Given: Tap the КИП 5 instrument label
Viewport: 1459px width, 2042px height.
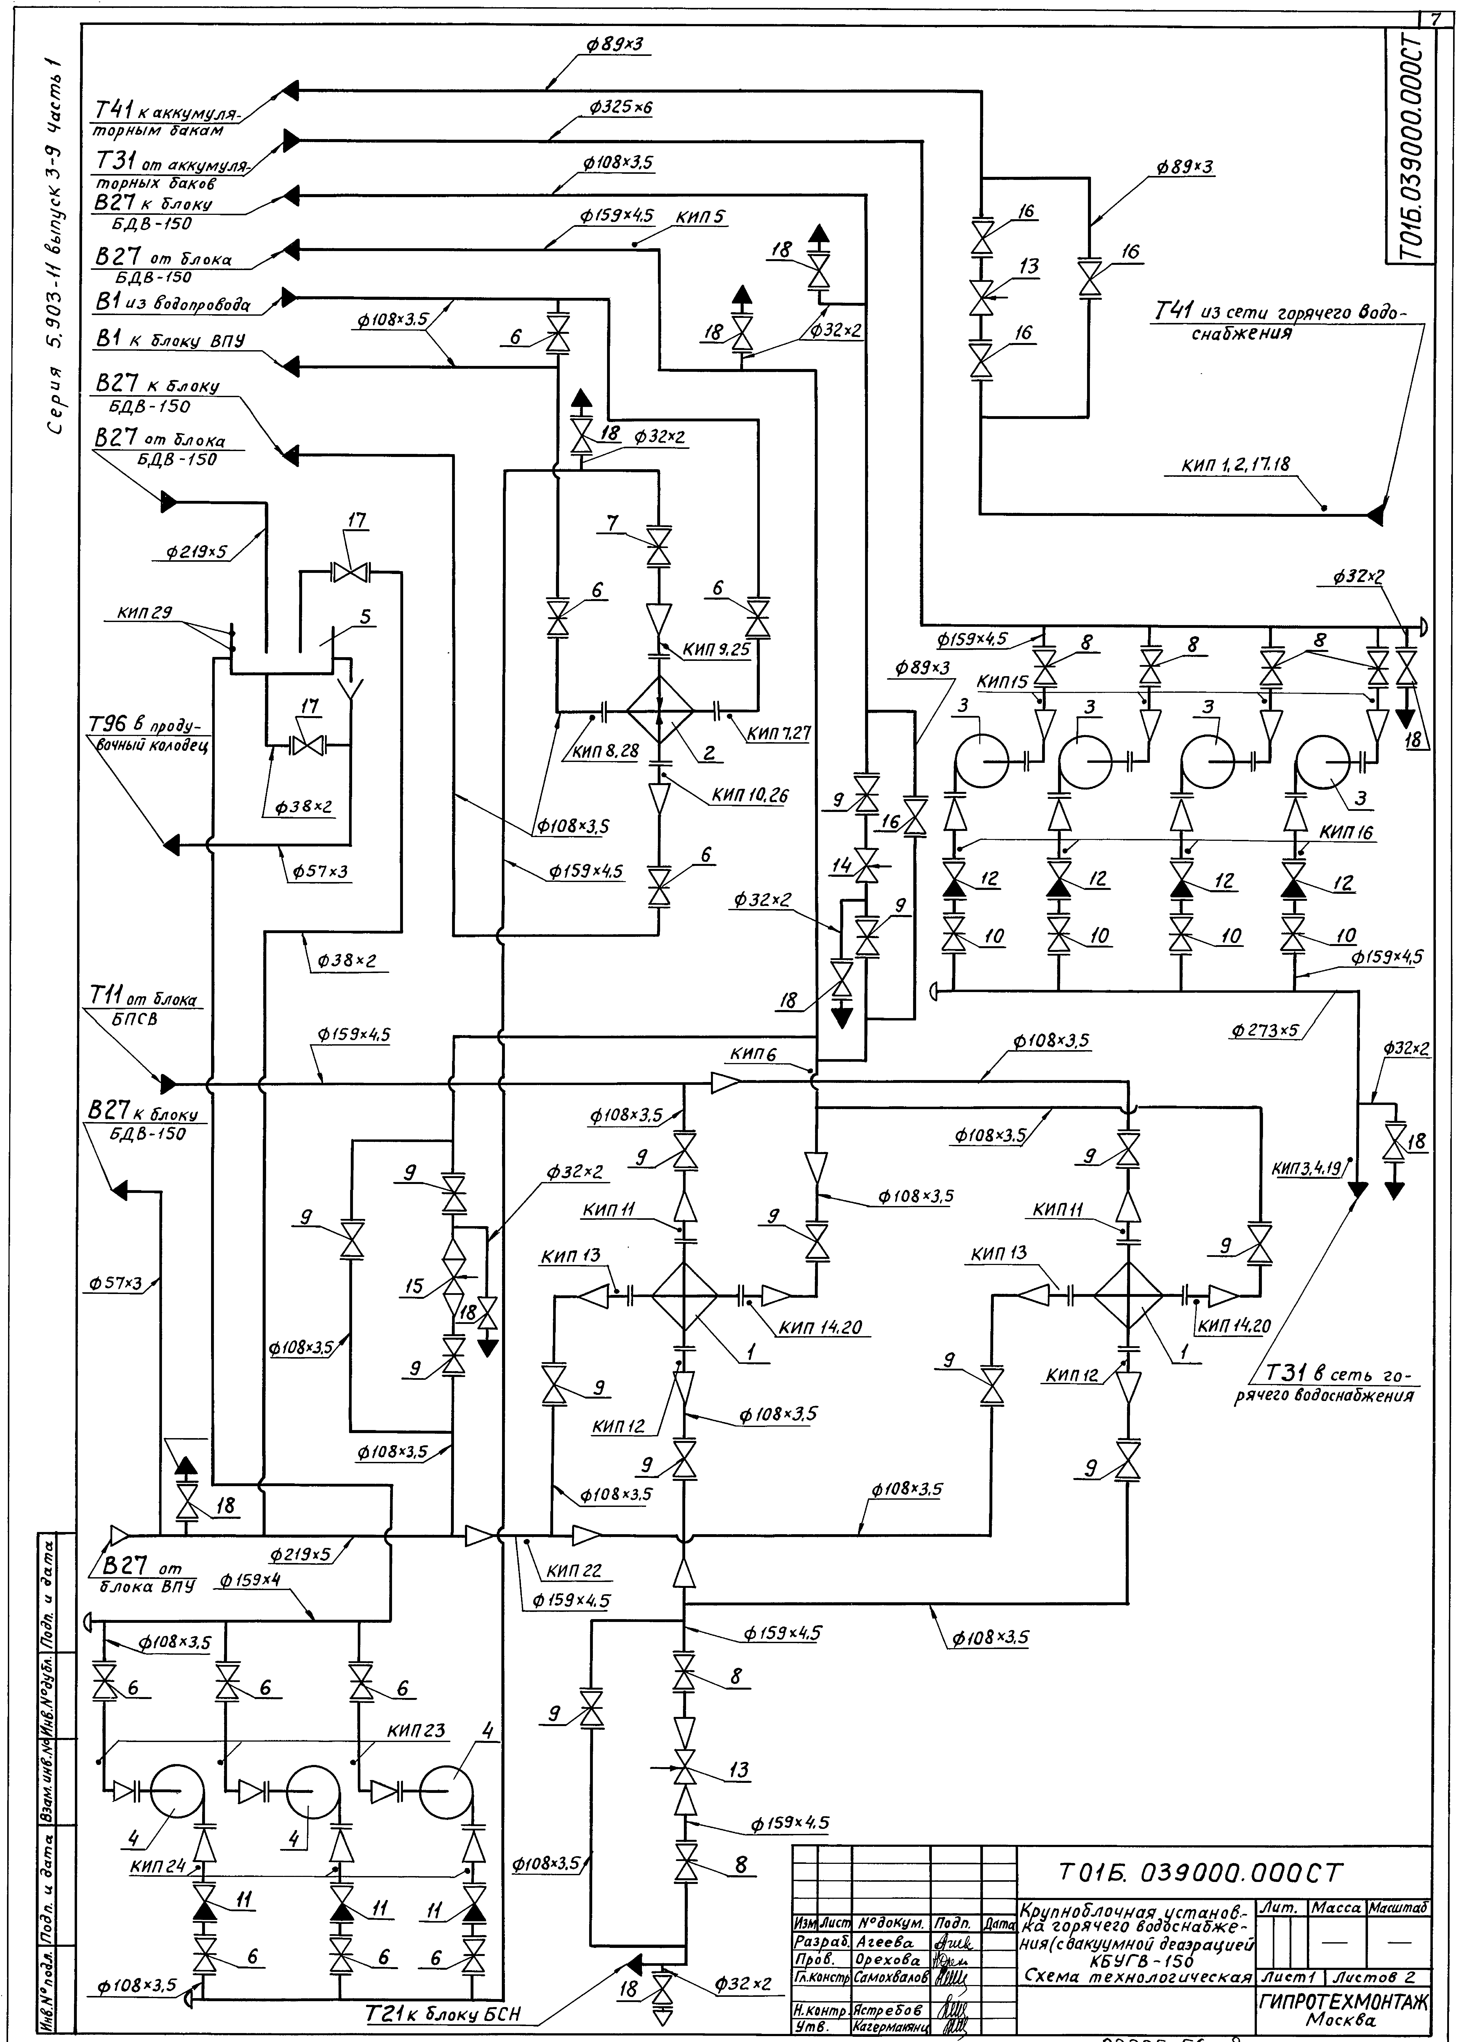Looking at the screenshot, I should coord(701,217).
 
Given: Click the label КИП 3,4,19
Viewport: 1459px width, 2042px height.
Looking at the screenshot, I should coord(1307,1169).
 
